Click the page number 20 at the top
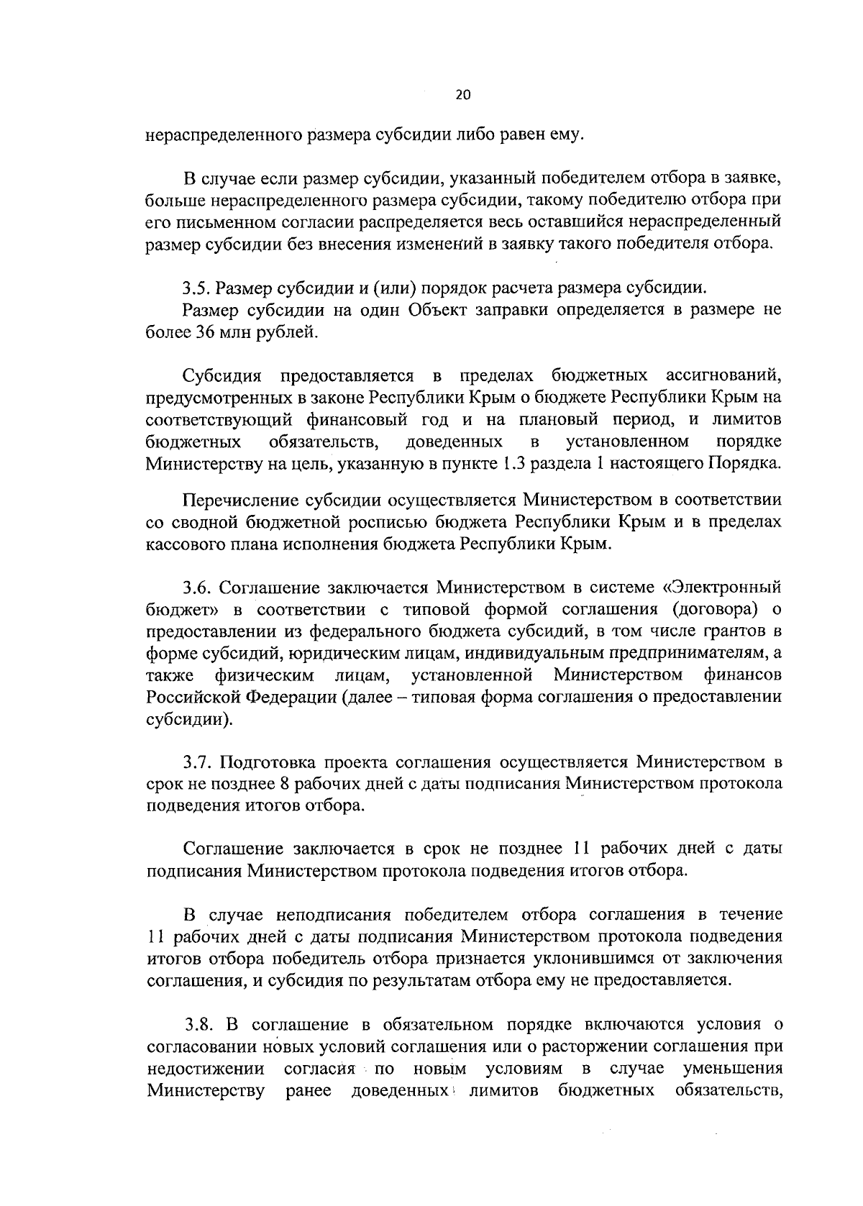coord(462,94)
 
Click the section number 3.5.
coord(196,289)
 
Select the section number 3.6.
coord(196,588)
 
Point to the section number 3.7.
coord(196,762)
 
